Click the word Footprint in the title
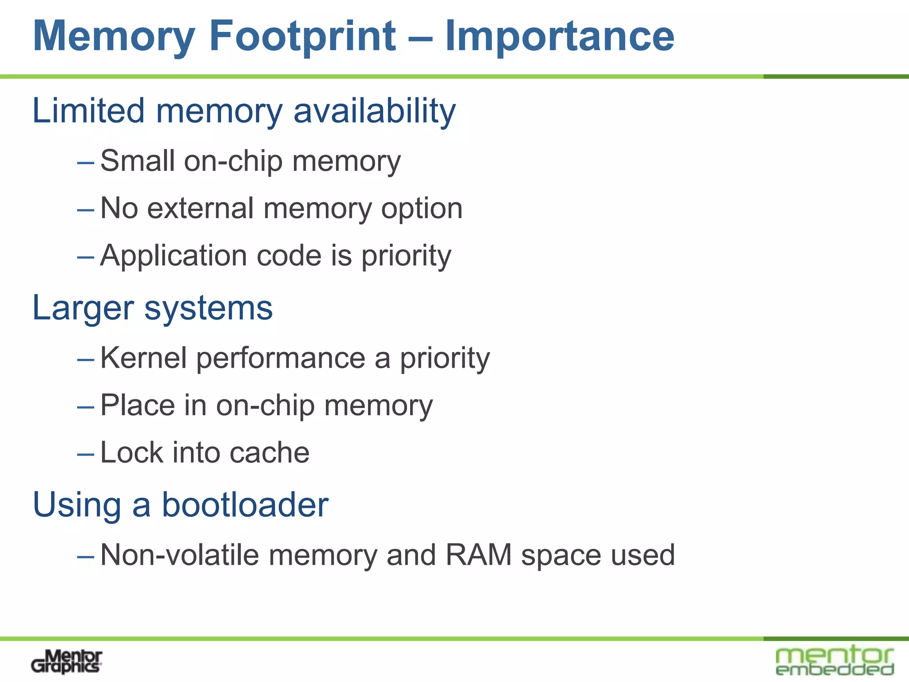303,36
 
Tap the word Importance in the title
560,36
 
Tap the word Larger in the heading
83,308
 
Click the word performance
281,359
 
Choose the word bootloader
245,505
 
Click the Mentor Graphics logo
67,662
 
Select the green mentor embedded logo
834,661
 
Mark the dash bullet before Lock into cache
85,454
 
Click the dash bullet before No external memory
85,210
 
